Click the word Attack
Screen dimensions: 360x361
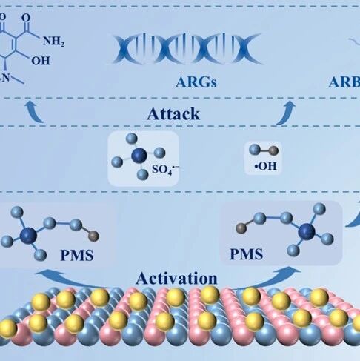tap(173, 114)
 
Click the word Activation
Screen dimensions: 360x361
tap(176, 279)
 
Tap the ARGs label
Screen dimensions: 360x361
tap(196, 82)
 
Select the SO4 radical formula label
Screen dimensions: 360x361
tap(165, 170)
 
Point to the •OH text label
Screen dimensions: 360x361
tap(266, 166)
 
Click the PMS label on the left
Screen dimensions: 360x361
tap(77, 255)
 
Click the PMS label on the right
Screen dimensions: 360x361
tap(247, 254)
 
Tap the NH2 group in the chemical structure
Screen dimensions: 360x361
tap(53, 41)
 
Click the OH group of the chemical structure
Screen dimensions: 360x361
tap(41, 61)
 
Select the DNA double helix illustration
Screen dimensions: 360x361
tap(187, 49)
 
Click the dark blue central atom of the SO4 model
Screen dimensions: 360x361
tap(139, 156)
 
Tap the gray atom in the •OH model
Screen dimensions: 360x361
tap(273, 150)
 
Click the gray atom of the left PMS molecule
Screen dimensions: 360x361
tap(93, 236)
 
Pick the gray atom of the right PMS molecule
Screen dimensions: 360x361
tap(241, 228)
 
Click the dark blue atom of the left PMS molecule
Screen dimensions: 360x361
tap(29, 236)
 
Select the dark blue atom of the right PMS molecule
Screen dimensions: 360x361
tap(307, 232)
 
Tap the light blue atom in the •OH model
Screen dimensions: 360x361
tap(255, 150)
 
